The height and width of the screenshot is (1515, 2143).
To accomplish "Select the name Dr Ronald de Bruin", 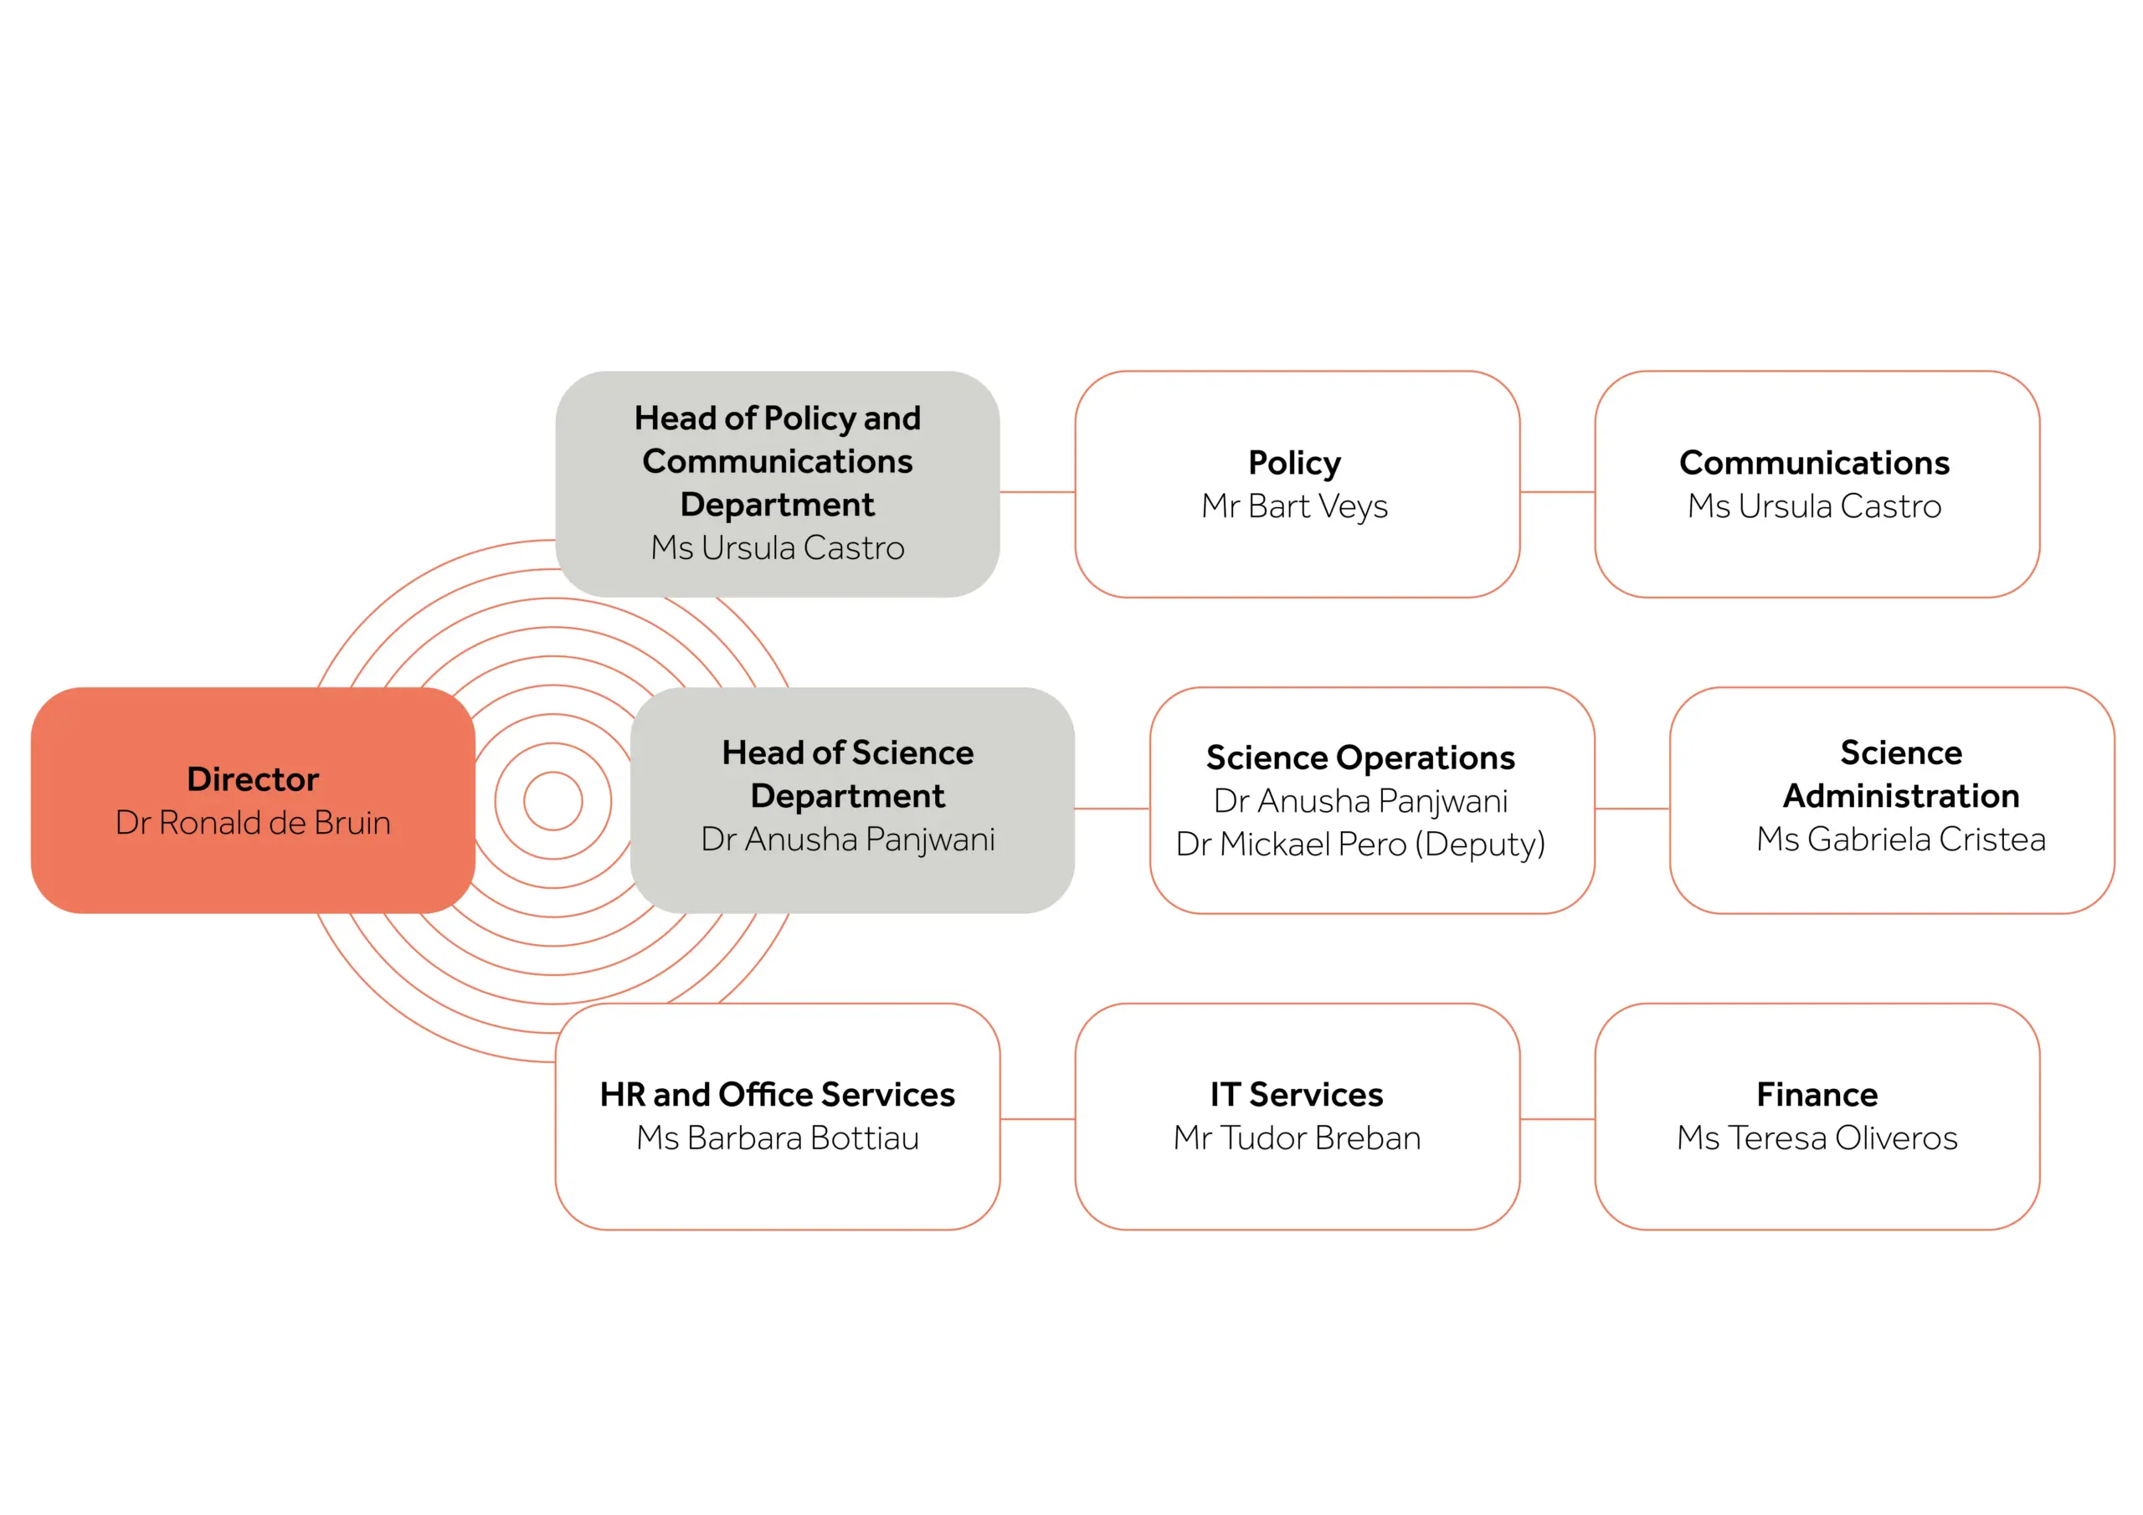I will (x=252, y=823).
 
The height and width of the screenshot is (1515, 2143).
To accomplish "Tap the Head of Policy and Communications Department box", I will (x=777, y=484).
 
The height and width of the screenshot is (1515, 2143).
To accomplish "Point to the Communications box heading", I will (x=1815, y=463).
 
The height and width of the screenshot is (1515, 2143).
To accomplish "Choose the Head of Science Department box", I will (x=851, y=799).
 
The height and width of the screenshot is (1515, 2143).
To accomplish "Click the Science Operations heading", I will (x=1360, y=757).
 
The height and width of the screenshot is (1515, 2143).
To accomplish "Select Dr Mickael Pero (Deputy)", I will (x=1360, y=844).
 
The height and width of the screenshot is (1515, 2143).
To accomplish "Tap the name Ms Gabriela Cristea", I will (x=1900, y=840).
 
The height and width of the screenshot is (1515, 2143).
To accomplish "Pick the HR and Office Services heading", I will (x=777, y=1094).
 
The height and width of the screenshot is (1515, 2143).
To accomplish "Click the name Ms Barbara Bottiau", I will (x=777, y=1138).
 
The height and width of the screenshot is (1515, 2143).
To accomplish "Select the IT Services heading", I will (x=1297, y=1094).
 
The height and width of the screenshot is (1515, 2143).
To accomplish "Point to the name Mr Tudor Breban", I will (x=1297, y=1138).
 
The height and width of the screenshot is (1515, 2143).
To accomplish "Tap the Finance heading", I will (x=1817, y=1094).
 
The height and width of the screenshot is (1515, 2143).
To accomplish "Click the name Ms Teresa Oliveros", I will (x=1817, y=1138).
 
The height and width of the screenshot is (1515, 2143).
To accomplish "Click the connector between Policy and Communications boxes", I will (x=1557, y=492).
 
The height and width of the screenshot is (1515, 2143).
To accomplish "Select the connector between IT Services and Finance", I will (x=1557, y=1118).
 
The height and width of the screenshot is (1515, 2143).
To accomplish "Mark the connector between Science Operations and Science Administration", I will (x=1632, y=809).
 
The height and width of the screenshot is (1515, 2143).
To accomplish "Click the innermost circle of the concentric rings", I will (x=552, y=801).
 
